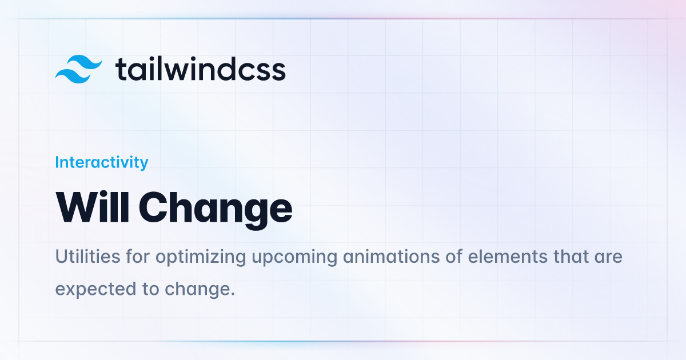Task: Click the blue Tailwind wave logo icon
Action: click(x=78, y=69)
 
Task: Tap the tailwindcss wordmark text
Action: click(x=200, y=69)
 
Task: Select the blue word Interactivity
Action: click(x=102, y=162)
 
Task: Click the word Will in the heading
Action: click(x=92, y=207)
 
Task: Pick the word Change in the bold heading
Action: click(x=216, y=210)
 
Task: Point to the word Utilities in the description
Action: click(x=87, y=256)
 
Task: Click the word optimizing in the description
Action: click(x=201, y=257)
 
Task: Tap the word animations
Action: click(x=392, y=256)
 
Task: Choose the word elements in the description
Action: click(x=508, y=256)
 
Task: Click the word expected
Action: click(x=95, y=290)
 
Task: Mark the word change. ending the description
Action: click(x=200, y=290)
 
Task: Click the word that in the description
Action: click(x=571, y=256)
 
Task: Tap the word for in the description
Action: click(x=138, y=256)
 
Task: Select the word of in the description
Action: click(x=454, y=256)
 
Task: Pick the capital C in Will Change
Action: click(x=154, y=207)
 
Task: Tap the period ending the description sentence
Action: click(x=233, y=294)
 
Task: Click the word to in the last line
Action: click(x=151, y=289)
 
